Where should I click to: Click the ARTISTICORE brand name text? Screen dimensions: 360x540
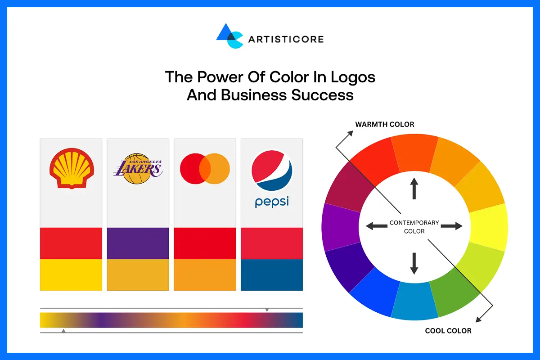pyautogui.click(x=286, y=39)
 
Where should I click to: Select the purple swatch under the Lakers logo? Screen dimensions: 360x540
pyautogui.click(x=138, y=243)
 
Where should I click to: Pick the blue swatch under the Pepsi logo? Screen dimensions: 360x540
pyautogui.click(x=272, y=274)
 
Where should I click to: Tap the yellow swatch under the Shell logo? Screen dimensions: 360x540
pyautogui.click(x=71, y=274)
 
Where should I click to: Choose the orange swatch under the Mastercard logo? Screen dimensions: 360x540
pyautogui.click(x=205, y=274)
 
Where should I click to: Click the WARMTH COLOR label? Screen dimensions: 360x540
pyautogui.click(x=384, y=124)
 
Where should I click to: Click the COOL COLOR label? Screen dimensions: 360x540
pyautogui.click(x=448, y=331)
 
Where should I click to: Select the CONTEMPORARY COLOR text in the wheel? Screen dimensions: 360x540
pyautogui.click(x=414, y=227)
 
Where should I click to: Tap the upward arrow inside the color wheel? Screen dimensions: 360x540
pyautogui.click(x=414, y=189)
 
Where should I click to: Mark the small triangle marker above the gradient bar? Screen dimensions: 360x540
pyautogui.click(x=267, y=310)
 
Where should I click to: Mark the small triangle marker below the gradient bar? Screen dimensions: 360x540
pyautogui.click(x=63, y=331)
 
